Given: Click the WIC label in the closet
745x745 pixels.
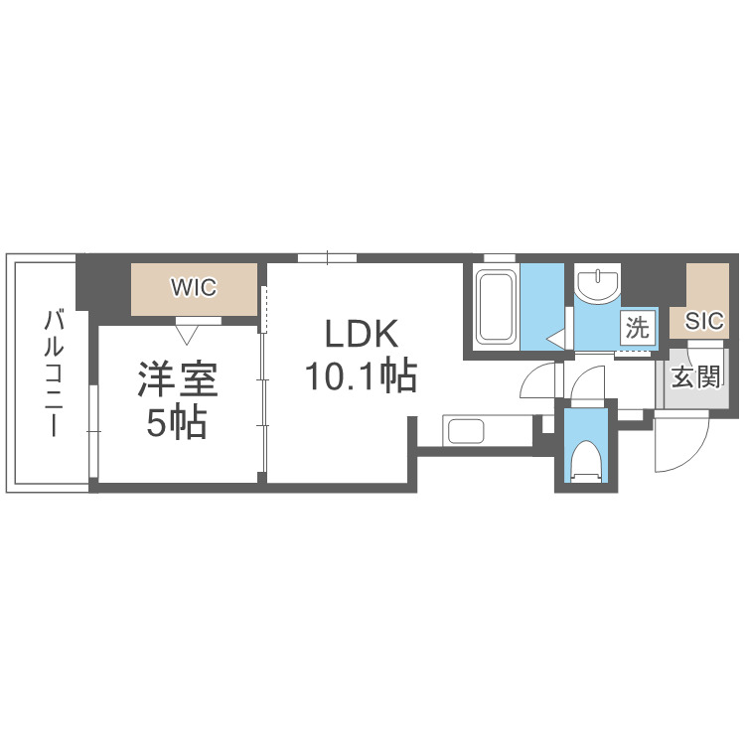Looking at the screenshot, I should click(194, 288).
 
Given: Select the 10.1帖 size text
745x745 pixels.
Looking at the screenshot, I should click(360, 375).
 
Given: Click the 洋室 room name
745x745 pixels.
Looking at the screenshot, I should click(178, 381).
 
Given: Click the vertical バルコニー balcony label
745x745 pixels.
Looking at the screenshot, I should click(55, 373).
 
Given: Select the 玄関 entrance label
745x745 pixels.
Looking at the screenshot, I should click(695, 378).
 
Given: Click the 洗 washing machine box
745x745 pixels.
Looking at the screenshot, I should click(637, 324).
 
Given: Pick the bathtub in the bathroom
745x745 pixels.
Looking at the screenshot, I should click(494, 305).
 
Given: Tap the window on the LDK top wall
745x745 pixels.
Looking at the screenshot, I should click(327, 258).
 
